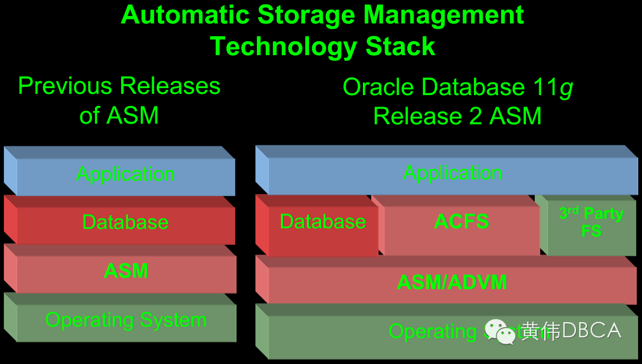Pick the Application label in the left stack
pyautogui.click(x=126, y=174)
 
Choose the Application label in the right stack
pyautogui.click(x=453, y=172)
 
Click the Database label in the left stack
pyautogui.click(x=126, y=222)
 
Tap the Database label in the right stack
pyautogui.click(x=323, y=221)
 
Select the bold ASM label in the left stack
pyautogui.click(x=126, y=271)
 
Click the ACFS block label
pyautogui.click(x=461, y=221)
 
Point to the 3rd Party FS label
pyautogui.click(x=591, y=221)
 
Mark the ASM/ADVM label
pyautogui.click(x=452, y=282)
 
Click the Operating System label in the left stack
pyautogui.click(x=126, y=320)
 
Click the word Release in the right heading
pyautogui.click(x=412, y=116)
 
